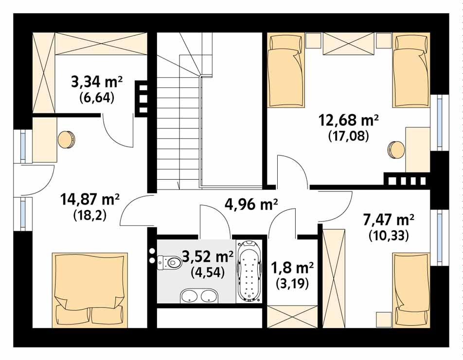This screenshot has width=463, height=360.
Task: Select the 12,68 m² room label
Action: [348, 119]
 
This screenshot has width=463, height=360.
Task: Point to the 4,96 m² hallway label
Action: [251, 205]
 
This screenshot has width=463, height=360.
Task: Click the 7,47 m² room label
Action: [389, 220]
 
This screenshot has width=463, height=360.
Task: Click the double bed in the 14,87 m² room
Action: [90, 290]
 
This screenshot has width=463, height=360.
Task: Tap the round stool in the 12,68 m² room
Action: [396, 148]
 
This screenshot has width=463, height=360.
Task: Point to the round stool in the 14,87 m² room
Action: [67, 139]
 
